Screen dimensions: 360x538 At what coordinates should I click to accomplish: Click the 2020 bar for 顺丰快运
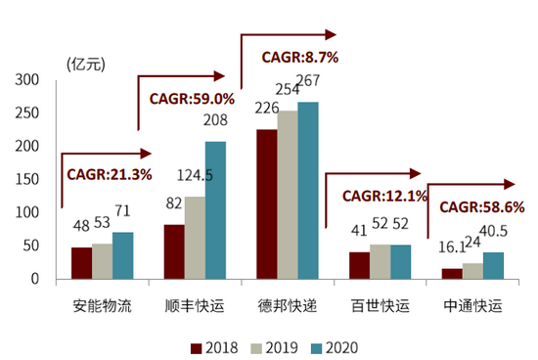coord(215,210)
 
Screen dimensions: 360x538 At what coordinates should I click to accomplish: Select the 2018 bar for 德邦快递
coord(267,204)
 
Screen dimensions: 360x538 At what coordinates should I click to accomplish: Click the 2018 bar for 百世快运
coord(359,265)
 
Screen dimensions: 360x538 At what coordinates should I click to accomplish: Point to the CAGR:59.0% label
coord(192,99)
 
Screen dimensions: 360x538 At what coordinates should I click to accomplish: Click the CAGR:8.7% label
coord(299,58)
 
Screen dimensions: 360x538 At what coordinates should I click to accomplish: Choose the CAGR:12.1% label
coord(384,196)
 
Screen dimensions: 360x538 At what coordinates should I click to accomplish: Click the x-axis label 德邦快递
coord(288,305)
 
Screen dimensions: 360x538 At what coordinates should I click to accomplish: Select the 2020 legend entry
coord(335,346)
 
